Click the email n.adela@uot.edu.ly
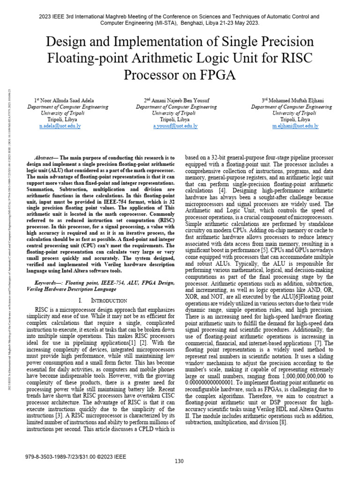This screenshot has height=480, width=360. tap(60, 126)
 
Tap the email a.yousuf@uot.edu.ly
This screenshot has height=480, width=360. tap(176, 126)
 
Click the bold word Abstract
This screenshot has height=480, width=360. tap(45, 158)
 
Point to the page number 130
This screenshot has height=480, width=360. tap(179, 461)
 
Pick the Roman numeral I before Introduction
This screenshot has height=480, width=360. tap(80, 300)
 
